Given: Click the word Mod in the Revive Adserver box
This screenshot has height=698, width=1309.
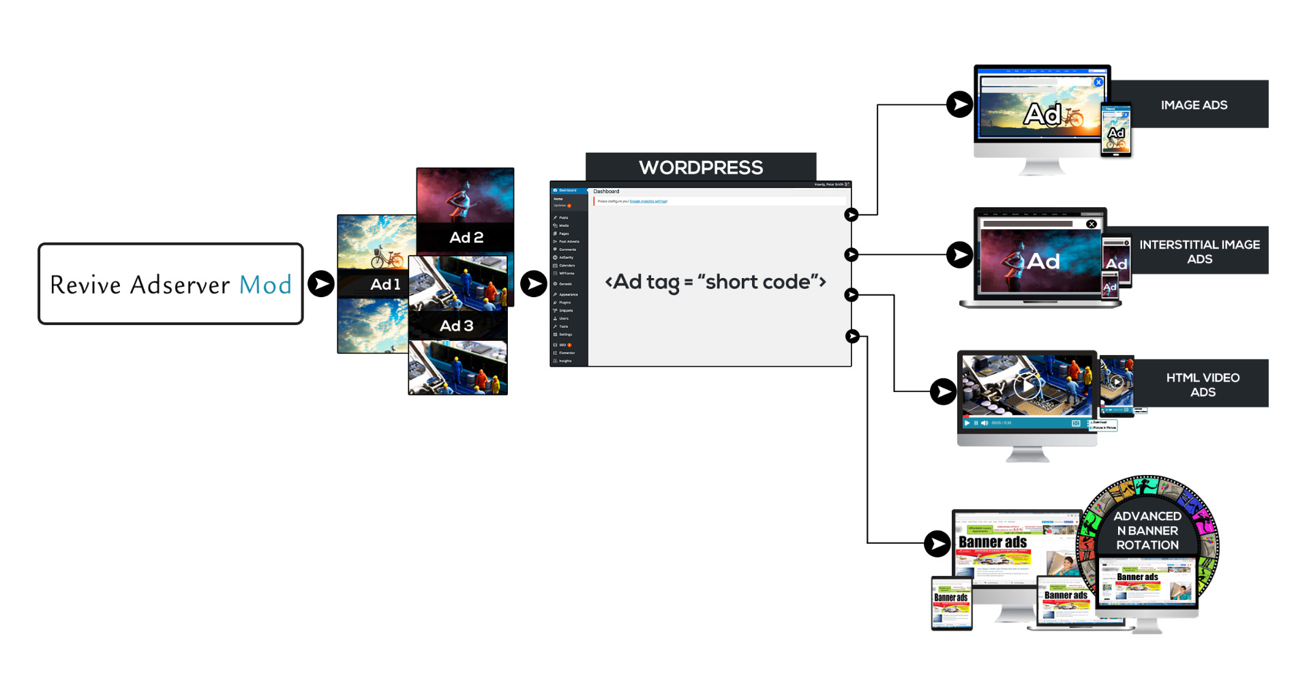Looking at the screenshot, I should (265, 285).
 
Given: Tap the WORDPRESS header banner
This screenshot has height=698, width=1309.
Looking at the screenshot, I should (701, 168).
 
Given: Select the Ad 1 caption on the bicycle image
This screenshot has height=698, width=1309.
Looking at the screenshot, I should (385, 284).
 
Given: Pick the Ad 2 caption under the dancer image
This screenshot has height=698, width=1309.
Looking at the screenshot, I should (466, 237).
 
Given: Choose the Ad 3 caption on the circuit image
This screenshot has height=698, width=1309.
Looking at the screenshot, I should (457, 326).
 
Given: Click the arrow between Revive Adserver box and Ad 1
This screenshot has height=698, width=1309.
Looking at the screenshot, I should (321, 284).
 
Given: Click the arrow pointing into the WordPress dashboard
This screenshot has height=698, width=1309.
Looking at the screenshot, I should (534, 284).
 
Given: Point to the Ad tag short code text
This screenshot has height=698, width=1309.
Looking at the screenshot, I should (715, 282).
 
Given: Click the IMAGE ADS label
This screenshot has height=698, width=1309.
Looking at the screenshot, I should (1194, 105).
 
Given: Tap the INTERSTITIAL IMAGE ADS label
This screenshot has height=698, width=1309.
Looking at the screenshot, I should (1199, 252).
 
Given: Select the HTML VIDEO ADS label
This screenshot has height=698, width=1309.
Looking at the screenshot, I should (1203, 384).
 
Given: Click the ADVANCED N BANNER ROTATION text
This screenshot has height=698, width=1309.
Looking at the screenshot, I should (1147, 530).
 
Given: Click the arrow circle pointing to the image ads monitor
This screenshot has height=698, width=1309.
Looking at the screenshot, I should (960, 104).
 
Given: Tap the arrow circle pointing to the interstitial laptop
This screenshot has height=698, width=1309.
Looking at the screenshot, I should (960, 255).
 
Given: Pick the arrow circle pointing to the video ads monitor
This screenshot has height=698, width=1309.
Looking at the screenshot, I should (944, 391).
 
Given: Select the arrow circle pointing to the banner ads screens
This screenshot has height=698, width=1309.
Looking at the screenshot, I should (937, 543).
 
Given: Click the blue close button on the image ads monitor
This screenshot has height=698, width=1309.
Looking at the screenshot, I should (1098, 82).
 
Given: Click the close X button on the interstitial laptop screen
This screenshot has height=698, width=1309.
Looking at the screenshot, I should (1092, 224).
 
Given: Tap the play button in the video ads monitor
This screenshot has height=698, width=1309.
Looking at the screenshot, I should (1026, 386).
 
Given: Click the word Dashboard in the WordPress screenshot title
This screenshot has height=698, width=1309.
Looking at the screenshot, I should (606, 192).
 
